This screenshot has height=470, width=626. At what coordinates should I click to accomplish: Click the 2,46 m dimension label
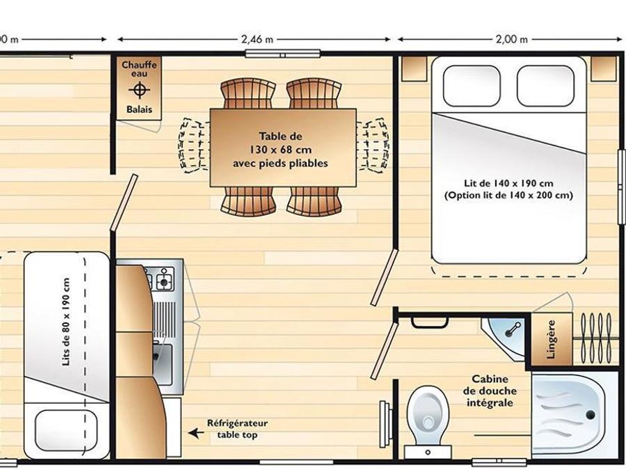(x=257, y=40)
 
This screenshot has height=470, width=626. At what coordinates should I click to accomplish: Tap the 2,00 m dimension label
(x=511, y=40)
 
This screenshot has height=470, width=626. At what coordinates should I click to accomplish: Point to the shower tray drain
(x=590, y=414)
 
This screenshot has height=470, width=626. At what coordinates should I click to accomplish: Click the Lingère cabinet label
(x=551, y=339)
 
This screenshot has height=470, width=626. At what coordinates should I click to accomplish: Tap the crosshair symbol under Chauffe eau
(x=139, y=91)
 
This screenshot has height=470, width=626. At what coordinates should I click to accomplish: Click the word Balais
(x=139, y=109)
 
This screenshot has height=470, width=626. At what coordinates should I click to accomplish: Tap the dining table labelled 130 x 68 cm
(x=283, y=148)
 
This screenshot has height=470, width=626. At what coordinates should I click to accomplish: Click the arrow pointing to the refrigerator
(x=195, y=432)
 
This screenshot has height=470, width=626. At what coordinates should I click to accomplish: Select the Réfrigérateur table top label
(x=237, y=429)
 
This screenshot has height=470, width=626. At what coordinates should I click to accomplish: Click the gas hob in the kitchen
(x=159, y=278)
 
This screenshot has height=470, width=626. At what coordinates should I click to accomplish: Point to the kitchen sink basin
(x=163, y=363)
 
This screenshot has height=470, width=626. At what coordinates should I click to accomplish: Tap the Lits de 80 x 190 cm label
(x=66, y=322)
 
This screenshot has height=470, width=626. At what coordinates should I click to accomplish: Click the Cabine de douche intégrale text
(x=489, y=391)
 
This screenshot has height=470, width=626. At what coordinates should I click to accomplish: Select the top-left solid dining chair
(x=248, y=94)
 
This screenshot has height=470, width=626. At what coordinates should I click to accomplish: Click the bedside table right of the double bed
(x=604, y=69)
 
